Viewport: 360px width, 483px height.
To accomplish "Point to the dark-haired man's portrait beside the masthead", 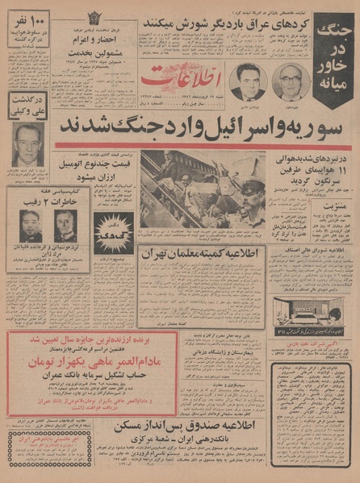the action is point(245,82).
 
